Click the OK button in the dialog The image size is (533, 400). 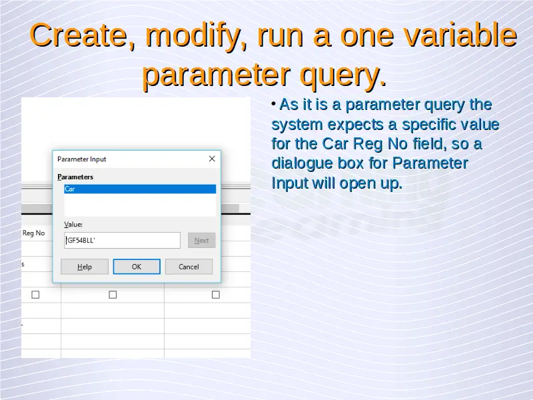pos(137,267)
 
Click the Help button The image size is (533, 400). pos(85,267)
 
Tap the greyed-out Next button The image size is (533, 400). pos(202,241)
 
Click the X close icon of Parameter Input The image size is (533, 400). pos(212,159)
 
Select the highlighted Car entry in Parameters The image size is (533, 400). pos(140,189)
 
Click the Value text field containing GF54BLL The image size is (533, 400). pos(123,241)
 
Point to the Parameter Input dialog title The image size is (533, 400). pos(81,159)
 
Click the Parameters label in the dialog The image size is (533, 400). pos(75,177)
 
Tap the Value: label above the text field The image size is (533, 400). pos(73,225)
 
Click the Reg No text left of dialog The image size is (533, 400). pos(34,233)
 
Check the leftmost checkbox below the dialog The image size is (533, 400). pos(35,295)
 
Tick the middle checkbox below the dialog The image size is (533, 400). pos(113,295)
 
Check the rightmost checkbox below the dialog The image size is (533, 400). pos(215,295)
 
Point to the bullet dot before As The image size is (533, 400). pos(274,103)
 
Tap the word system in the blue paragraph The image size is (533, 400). pos(297,125)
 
